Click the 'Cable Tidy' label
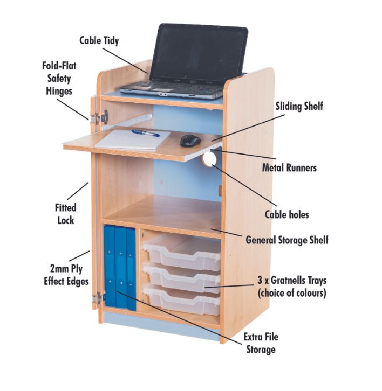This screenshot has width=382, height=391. (99, 40)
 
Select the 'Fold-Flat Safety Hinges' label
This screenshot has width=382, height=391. (59, 79)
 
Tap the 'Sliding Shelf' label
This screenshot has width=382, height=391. (299, 106)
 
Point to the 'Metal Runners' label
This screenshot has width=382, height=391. (289, 167)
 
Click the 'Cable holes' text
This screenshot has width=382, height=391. (287, 214)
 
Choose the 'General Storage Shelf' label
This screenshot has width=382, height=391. (287, 240)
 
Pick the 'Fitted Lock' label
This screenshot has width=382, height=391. (66, 214)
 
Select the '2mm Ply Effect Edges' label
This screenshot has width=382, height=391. (66, 275)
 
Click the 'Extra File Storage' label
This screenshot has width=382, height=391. (261, 343)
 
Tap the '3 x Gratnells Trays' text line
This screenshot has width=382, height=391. (292, 280)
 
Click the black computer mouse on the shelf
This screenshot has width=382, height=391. (190, 141)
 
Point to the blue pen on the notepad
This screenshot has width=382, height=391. (145, 133)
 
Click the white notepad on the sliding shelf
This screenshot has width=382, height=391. (133, 139)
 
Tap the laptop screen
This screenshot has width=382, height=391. (199, 53)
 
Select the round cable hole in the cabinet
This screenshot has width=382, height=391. (209, 159)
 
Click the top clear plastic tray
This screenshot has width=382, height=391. (182, 252)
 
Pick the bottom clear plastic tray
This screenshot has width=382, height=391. (182, 299)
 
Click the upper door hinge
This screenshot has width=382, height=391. (100, 118)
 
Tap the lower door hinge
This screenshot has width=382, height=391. (98, 298)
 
